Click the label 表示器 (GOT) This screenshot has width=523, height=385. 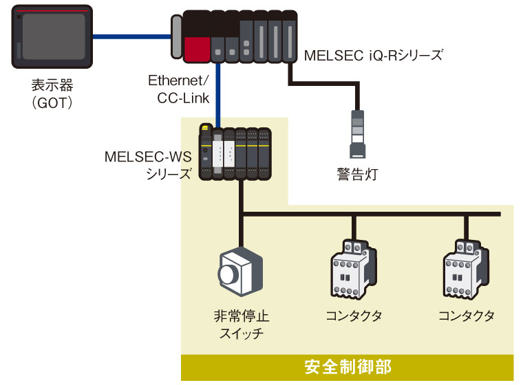point(52,94)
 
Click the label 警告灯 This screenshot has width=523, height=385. point(357,172)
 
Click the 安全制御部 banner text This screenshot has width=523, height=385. point(348,366)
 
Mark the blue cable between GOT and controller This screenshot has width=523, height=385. point(131,37)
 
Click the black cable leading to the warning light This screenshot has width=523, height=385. point(323,83)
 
